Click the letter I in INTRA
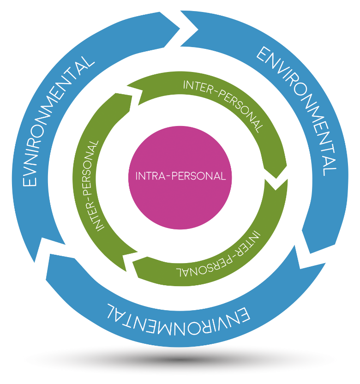coord(137,176)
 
